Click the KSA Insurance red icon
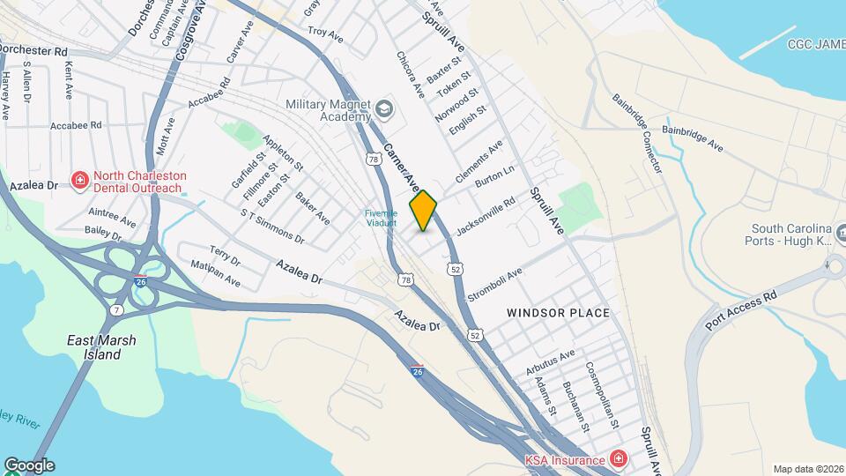(x=618, y=459)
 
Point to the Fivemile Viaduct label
(x=382, y=218)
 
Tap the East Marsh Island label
(x=93, y=347)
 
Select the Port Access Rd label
(x=743, y=310)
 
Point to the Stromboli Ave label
(x=495, y=286)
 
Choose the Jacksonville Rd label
(x=486, y=216)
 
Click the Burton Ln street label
(x=494, y=176)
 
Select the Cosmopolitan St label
(x=604, y=394)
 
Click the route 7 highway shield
(x=116, y=312)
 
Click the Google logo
(x=29, y=465)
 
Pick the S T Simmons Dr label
(x=272, y=227)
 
